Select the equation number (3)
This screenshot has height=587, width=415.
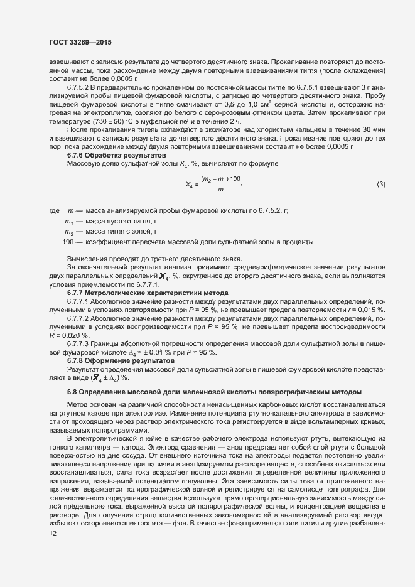click(380, 184)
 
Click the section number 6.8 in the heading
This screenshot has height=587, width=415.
click(72, 392)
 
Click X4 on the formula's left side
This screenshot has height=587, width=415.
click(190, 185)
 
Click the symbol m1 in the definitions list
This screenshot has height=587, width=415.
click(70, 222)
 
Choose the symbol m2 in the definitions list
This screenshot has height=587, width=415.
click(70, 232)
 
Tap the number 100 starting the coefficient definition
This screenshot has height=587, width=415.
click(68, 242)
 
